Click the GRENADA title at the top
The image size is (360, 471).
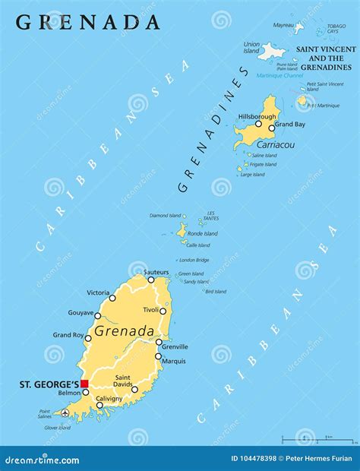(88, 22)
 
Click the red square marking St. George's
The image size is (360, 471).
(85, 384)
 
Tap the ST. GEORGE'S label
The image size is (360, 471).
(46, 384)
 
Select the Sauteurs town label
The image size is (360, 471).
(156, 271)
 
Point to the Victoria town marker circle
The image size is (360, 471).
(112, 298)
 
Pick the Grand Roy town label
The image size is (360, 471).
(67, 335)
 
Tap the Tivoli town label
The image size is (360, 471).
(152, 311)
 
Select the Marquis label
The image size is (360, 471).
(174, 361)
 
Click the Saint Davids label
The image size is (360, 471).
(125, 382)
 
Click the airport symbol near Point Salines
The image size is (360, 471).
(65, 413)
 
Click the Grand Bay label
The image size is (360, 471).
(289, 123)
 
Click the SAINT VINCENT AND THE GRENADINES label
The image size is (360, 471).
(324, 58)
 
